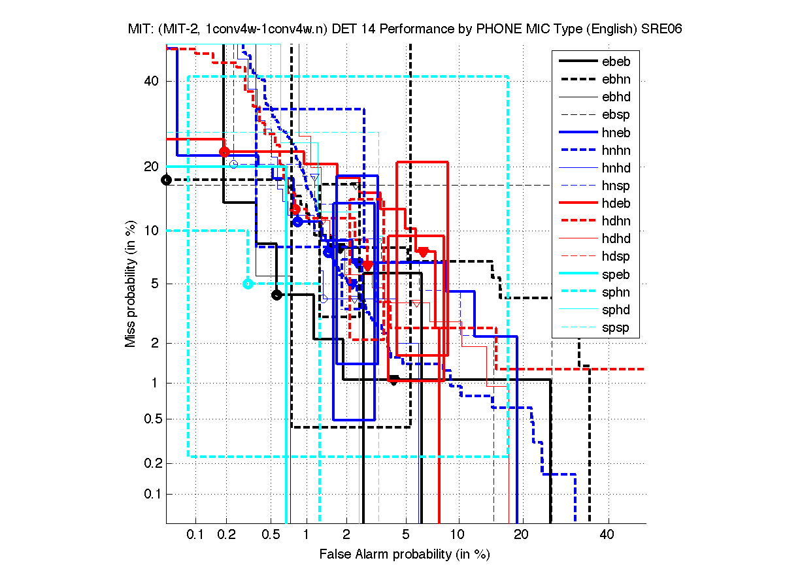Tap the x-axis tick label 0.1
click(195, 535)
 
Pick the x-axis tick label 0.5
click(270, 535)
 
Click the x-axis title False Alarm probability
click(404, 555)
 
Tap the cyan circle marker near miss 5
click(248, 284)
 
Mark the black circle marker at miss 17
click(167, 180)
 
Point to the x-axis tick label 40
click(608, 535)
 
